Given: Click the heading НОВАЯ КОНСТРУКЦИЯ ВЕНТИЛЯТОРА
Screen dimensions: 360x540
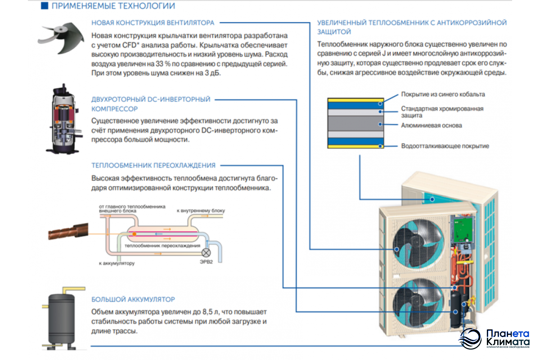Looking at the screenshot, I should [153, 22].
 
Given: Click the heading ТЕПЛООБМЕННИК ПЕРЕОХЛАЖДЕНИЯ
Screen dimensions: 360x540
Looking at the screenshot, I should [153, 165].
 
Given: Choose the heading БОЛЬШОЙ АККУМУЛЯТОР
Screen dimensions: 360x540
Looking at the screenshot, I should [133, 299].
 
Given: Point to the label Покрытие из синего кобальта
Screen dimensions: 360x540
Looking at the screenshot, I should [443, 94].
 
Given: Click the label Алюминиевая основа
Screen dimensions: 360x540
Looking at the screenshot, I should [431, 126].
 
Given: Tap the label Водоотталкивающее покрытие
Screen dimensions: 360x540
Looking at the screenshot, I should [445, 146].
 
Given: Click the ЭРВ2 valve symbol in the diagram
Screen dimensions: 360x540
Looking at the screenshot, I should [207, 253].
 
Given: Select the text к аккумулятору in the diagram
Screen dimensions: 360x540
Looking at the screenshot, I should [117, 263].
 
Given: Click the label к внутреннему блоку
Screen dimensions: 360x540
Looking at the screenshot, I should [200, 210].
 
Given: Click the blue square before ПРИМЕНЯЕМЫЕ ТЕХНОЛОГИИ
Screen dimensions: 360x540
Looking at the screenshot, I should [44, 6].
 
